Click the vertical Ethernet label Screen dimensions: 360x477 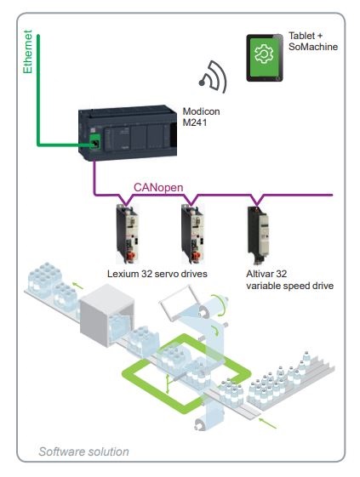coord(27,52)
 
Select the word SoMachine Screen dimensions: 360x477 coord(313,47)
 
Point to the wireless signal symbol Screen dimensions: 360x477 coord(214,77)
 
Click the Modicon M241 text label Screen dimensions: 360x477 coord(201,116)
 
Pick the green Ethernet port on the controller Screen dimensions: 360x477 coord(95,142)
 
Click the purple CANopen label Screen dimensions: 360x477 coord(158,187)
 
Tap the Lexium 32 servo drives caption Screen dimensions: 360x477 coord(157,274)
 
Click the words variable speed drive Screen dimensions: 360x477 coord(290,286)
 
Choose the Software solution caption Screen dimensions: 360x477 coord(83,451)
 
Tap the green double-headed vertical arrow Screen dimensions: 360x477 coord(167,384)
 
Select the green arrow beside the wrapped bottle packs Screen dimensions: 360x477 coord(77,286)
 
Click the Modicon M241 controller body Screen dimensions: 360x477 coord(128,133)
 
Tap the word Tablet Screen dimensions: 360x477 coord(302,36)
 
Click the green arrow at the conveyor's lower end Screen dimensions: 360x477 coord(267,423)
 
